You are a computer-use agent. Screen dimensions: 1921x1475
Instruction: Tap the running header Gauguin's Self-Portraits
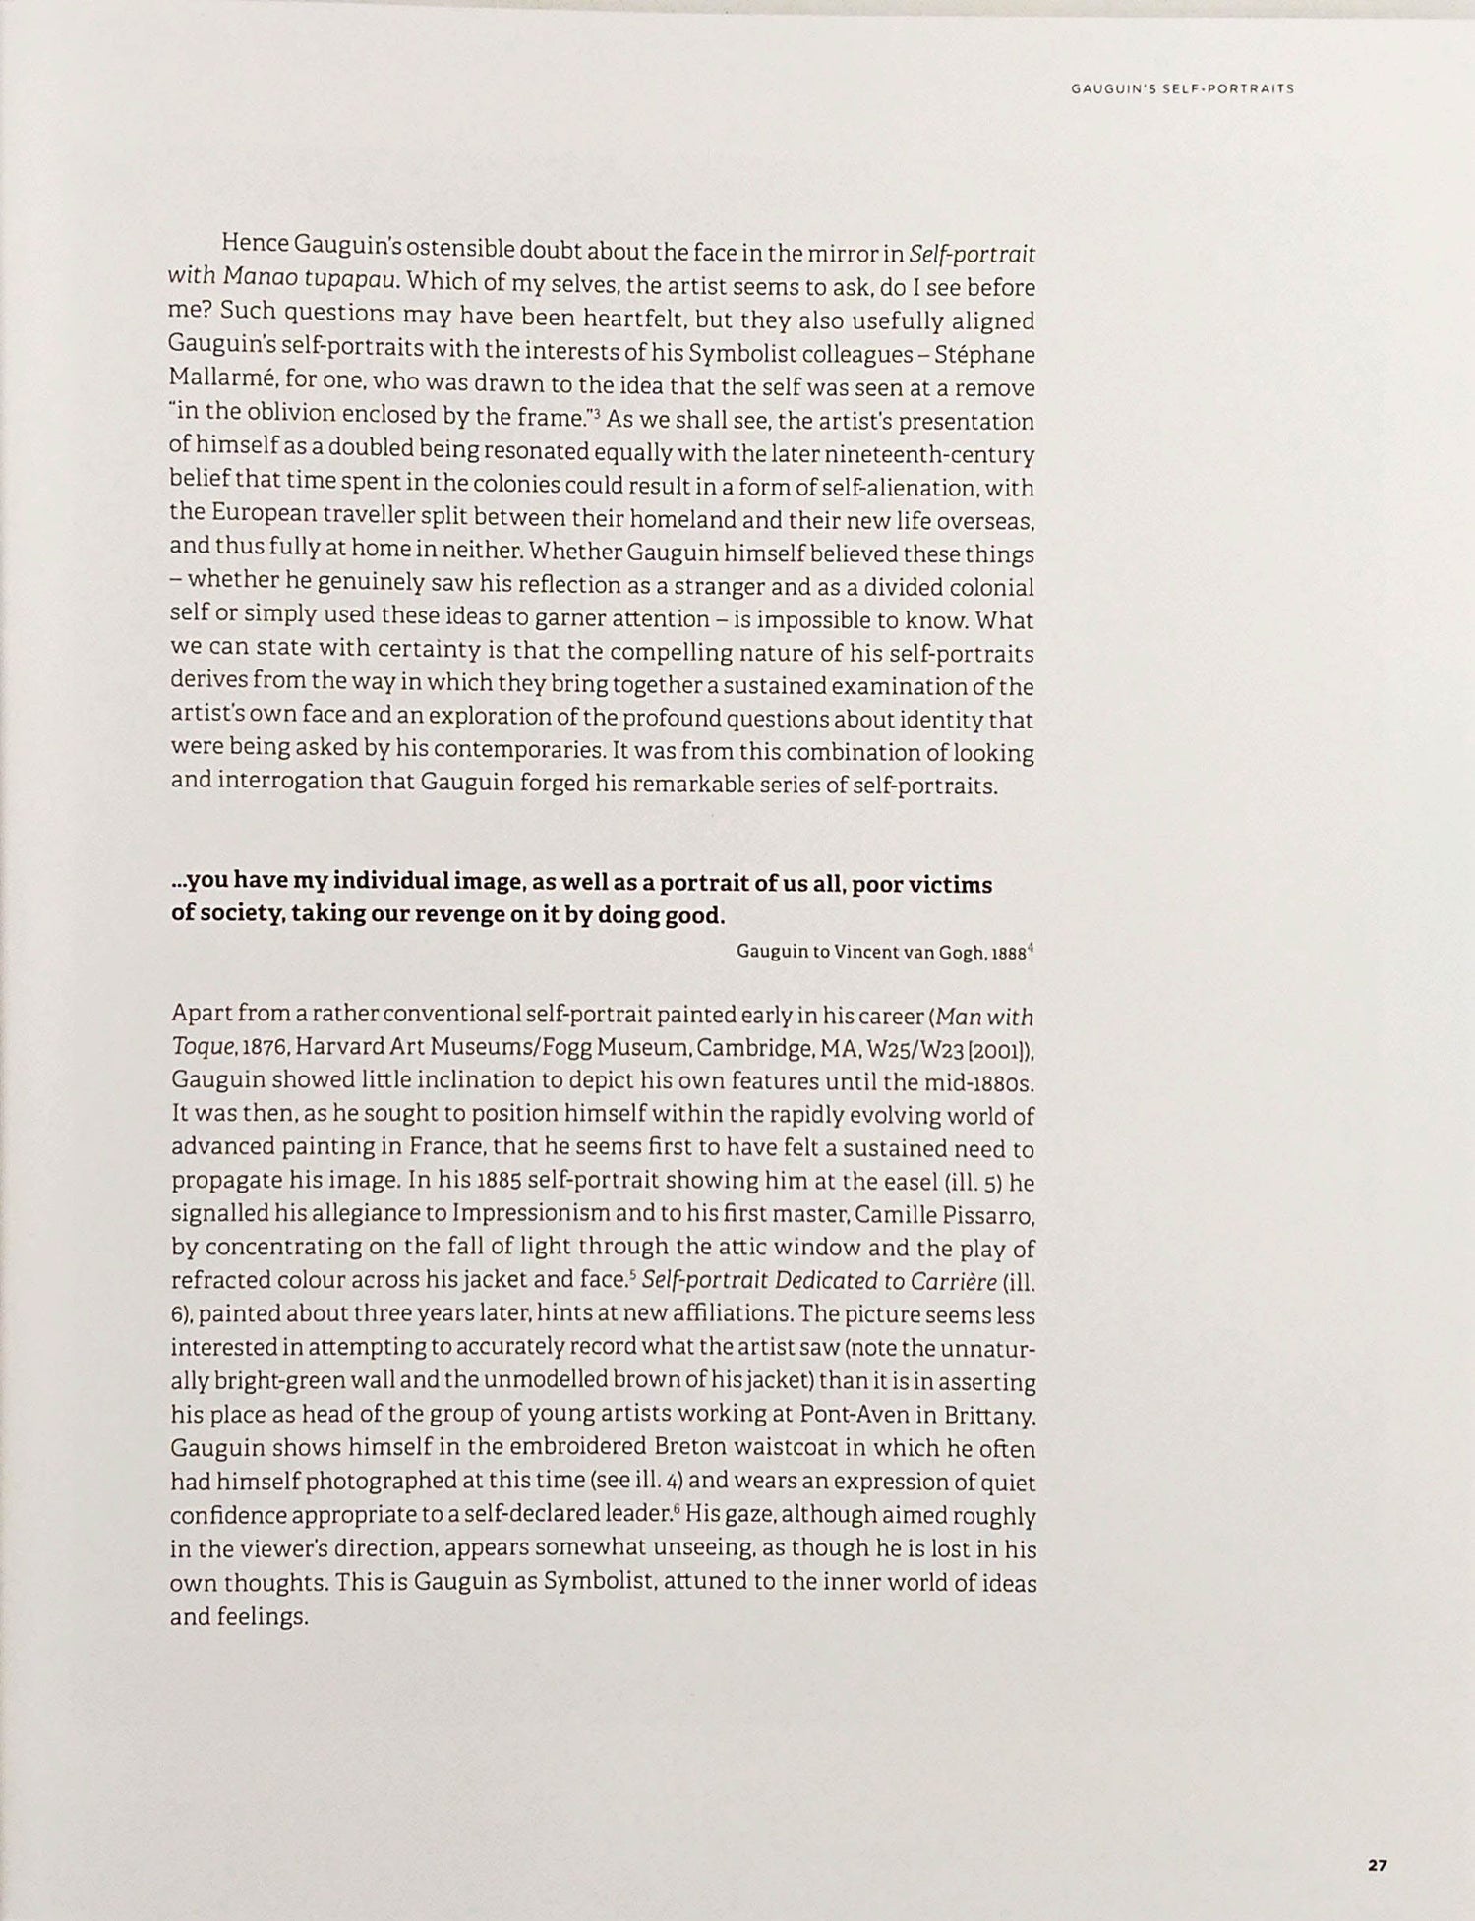point(1181,88)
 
